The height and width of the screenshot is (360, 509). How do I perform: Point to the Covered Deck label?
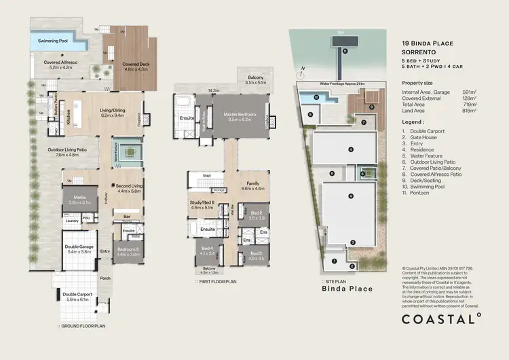(136, 66)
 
